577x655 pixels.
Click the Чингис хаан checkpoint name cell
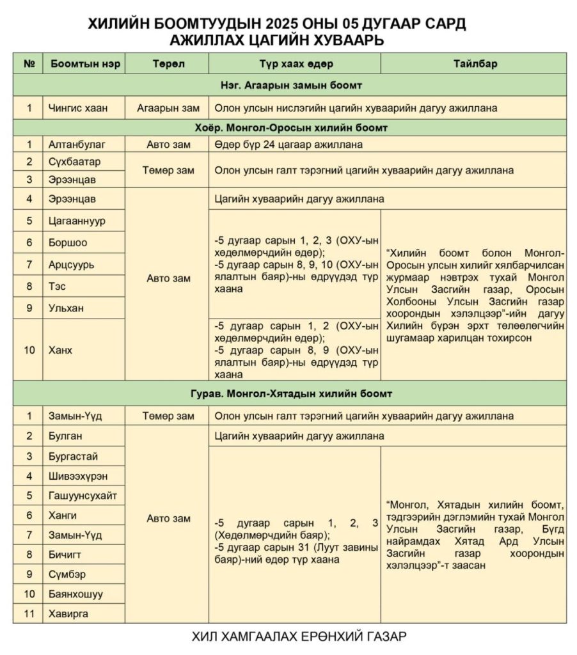(x=77, y=107)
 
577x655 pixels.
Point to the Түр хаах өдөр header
(x=295, y=64)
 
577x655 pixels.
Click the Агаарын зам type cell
(x=168, y=107)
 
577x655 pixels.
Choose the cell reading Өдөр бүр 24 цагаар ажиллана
(x=289, y=145)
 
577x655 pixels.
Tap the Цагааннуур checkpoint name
(x=77, y=221)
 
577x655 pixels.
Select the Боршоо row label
(x=68, y=242)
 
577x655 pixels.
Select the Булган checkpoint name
(x=66, y=436)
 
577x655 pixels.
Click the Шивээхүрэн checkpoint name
(x=79, y=476)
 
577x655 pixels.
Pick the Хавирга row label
(x=69, y=613)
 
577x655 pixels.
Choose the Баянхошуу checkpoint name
(x=76, y=594)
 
